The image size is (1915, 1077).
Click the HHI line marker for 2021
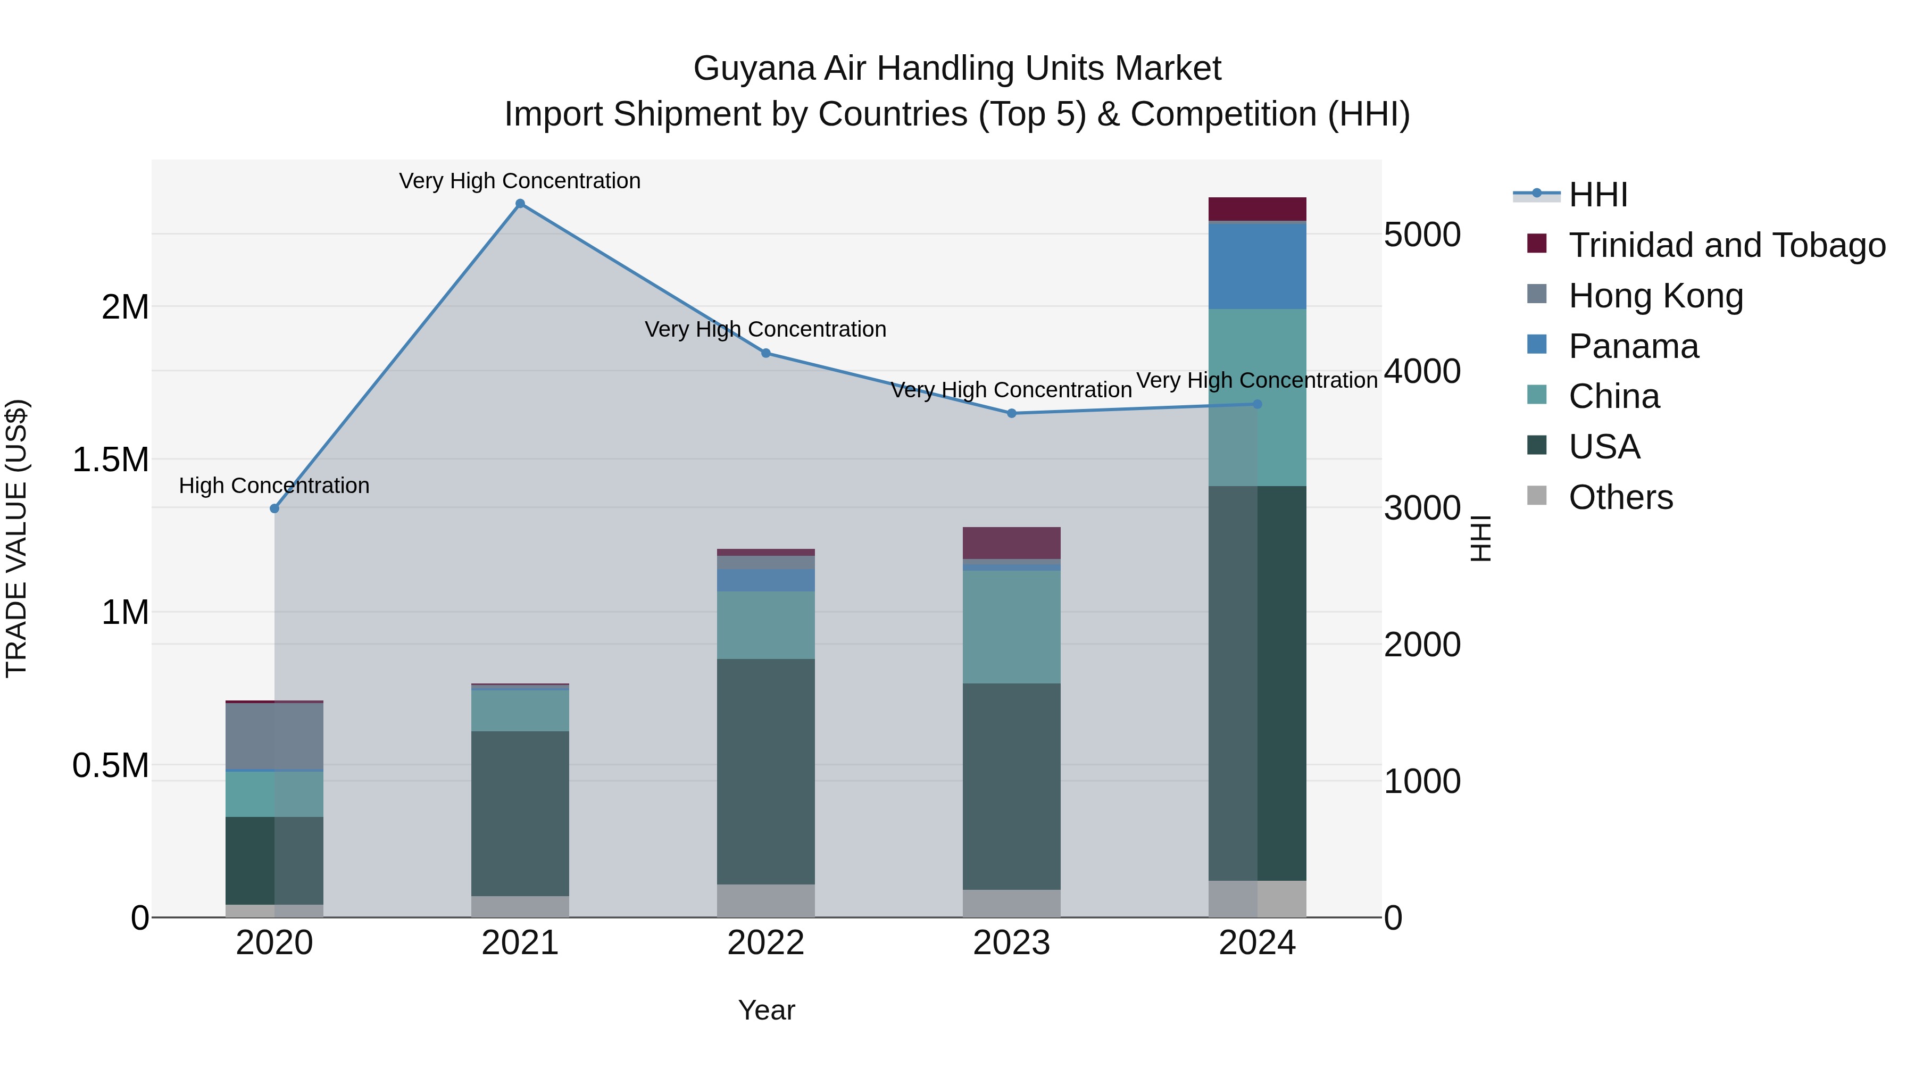(x=520, y=204)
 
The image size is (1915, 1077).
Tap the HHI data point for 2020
(x=274, y=508)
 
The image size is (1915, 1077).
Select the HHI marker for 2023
(x=1011, y=413)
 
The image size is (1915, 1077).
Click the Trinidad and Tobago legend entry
(x=1726, y=245)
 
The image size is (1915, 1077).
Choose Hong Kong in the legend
(x=1655, y=296)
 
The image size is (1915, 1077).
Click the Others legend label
(x=1621, y=497)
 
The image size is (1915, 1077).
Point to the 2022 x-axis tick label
(x=765, y=943)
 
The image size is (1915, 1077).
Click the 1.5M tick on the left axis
(x=111, y=460)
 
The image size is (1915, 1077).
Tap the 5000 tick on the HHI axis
(x=1422, y=235)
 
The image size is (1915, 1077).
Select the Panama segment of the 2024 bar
(x=1257, y=265)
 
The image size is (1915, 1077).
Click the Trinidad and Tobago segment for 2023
(x=1011, y=542)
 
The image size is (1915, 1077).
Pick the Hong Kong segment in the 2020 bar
(x=274, y=736)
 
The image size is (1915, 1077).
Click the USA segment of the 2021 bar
(x=520, y=813)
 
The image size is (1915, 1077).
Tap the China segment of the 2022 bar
(x=765, y=625)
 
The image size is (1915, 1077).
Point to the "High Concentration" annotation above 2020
(x=274, y=486)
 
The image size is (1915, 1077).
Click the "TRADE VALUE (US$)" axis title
(x=16, y=538)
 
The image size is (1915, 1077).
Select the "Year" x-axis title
(x=767, y=1010)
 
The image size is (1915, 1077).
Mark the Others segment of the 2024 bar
(x=1257, y=899)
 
